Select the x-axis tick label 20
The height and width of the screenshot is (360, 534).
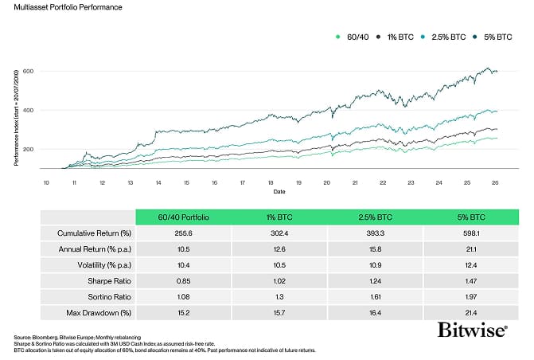(x=326, y=182)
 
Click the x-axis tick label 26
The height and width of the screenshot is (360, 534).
(x=497, y=182)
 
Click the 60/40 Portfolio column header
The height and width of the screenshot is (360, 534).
(x=182, y=217)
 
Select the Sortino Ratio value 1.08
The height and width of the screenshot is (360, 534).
(x=182, y=294)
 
